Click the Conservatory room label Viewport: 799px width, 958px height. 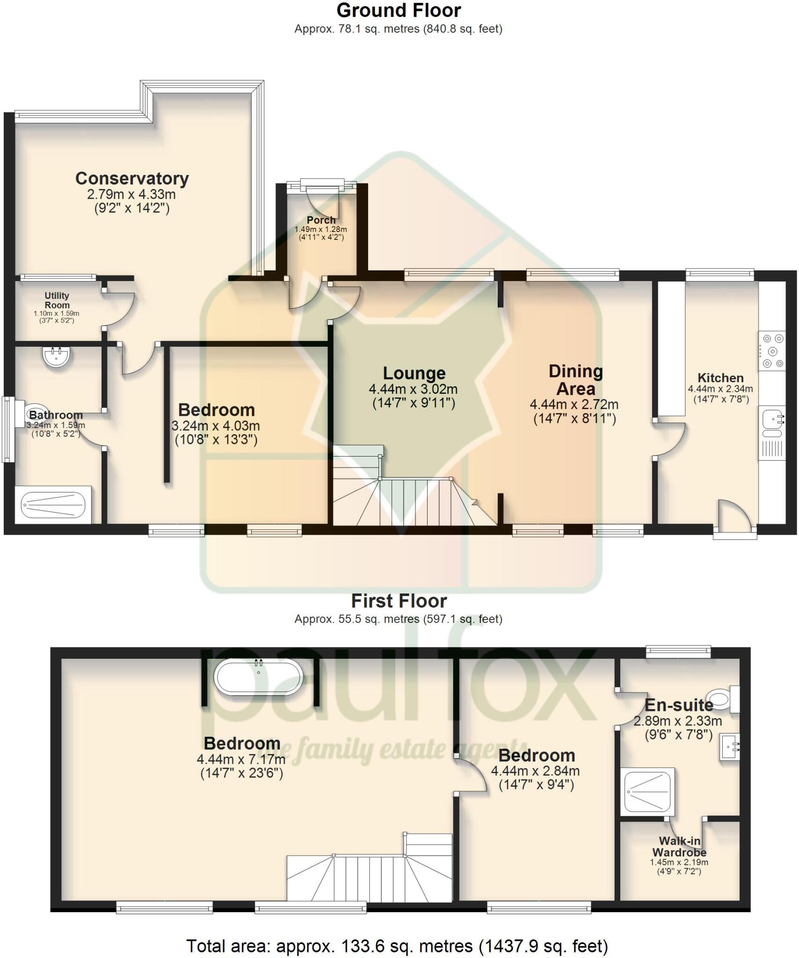pos(132,178)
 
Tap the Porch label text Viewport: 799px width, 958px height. pos(321,220)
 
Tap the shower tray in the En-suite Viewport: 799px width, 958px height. pos(649,791)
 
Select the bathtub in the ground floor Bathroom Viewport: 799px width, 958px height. pos(53,505)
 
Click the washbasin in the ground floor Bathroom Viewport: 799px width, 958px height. pos(57,357)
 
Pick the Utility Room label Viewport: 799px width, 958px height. pos(57,300)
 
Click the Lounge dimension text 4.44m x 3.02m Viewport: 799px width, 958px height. pos(413,389)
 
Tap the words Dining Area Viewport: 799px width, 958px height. pos(575,380)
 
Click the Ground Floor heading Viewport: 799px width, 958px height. pos(399,10)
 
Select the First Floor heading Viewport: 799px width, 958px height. pos(399,601)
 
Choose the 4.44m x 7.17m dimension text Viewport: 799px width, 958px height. pos(241,758)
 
